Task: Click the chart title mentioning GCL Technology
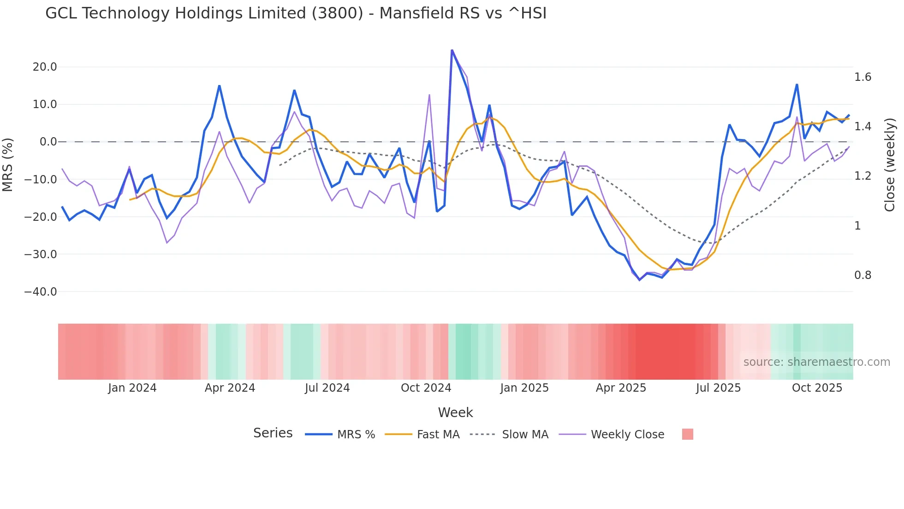point(296,13)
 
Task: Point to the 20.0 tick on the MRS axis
point(45,67)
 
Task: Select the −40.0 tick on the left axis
point(41,292)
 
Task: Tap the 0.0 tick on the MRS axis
point(48,142)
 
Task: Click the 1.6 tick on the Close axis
point(862,77)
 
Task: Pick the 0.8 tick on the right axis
point(862,275)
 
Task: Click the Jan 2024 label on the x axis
point(132,388)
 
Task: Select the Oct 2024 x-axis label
point(426,388)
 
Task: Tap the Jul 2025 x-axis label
point(718,388)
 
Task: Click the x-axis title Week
point(455,412)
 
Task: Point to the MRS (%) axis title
point(8,165)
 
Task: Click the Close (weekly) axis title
point(890,165)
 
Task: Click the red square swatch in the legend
point(687,434)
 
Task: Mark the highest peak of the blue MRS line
point(452,50)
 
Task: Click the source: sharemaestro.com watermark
point(816,362)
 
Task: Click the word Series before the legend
point(273,433)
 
